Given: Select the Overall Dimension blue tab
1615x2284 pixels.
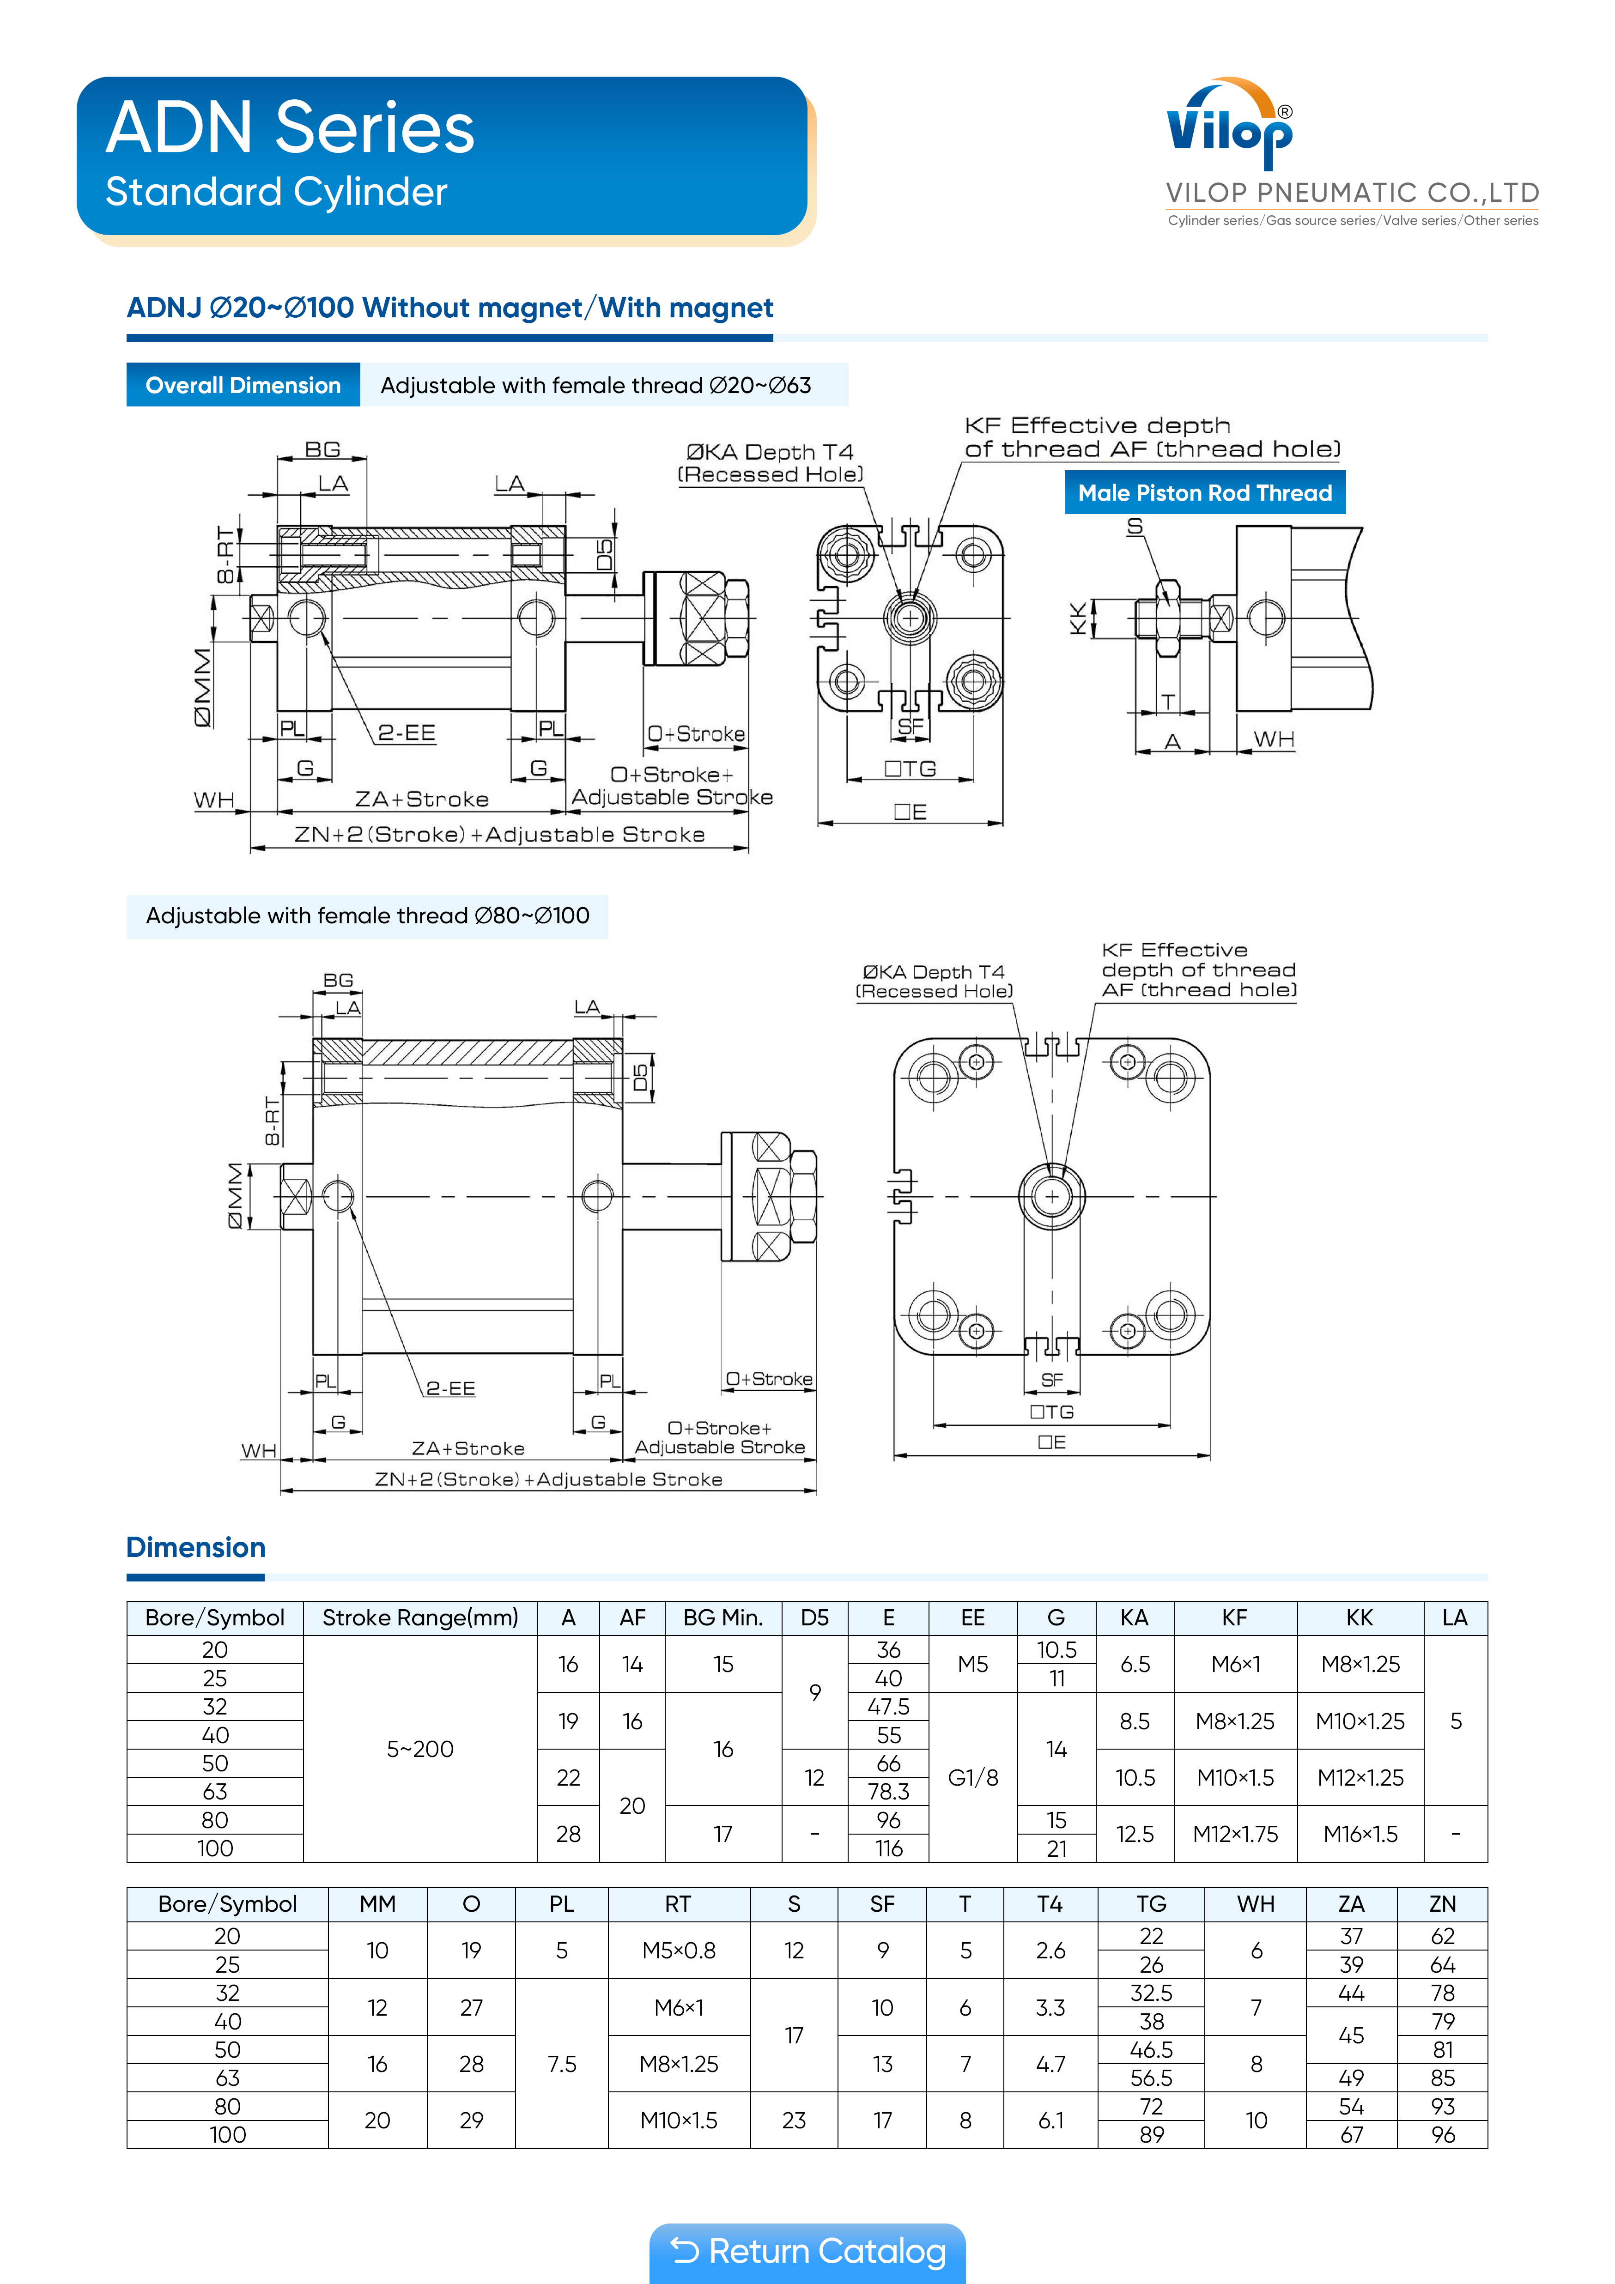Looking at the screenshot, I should pos(243,385).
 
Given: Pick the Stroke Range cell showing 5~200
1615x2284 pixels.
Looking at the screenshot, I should pos(420,1749).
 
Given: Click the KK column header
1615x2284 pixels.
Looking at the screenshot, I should pos(1359,1618).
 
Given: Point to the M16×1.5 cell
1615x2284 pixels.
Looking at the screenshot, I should pos(1359,1833).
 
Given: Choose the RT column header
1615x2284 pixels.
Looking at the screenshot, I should pos(678,1904).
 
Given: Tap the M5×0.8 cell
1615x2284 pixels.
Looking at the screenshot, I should pos(678,1950).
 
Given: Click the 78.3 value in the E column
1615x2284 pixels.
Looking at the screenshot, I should pos(889,1792).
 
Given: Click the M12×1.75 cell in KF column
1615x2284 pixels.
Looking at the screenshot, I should pos(1235,1833).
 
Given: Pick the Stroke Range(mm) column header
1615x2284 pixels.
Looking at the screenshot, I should pos(420,1618).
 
